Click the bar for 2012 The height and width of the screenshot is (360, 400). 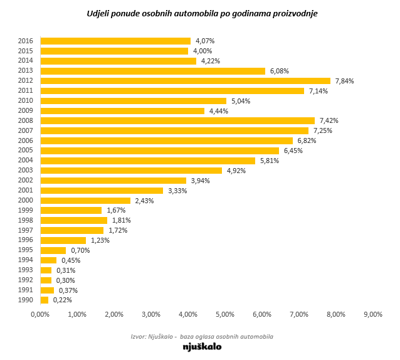click(x=185, y=81)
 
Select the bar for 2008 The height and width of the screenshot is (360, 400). click(x=177, y=120)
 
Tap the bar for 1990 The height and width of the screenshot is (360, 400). click(x=44, y=300)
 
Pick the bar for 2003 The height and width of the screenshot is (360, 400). click(x=131, y=171)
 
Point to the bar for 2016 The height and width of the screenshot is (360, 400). click(x=115, y=41)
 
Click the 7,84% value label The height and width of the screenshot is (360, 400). click(x=344, y=81)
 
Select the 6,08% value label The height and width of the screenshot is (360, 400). click(x=279, y=71)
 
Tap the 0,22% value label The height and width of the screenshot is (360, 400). click(x=62, y=300)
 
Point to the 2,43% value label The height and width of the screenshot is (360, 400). click(x=144, y=201)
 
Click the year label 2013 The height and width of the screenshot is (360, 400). click(x=26, y=71)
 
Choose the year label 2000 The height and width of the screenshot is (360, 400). click(x=26, y=201)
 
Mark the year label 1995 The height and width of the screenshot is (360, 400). click(x=26, y=250)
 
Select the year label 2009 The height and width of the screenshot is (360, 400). click(x=26, y=111)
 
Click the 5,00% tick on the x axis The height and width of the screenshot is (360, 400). click(x=225, y=314)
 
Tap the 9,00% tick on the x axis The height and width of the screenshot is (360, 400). click(x=372, y=314)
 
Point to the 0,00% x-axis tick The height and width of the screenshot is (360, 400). click(x=40, y=314)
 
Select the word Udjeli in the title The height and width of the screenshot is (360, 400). click(x=98, y=13)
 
